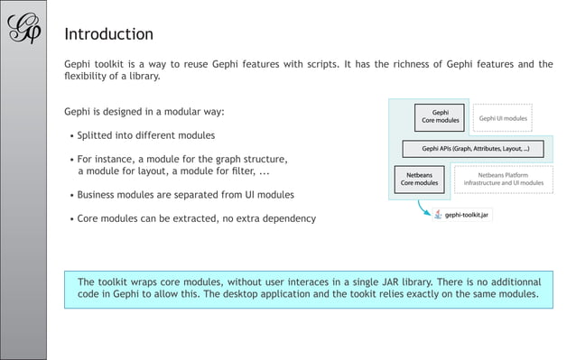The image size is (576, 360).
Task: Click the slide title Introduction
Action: point(108,35)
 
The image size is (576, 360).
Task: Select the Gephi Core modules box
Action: point(441,117)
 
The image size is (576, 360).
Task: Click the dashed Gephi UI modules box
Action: point(503,118)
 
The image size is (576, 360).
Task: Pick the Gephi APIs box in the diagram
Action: point(476,149)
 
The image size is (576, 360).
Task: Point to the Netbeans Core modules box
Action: point(419,178)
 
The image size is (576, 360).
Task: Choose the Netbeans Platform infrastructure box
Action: point(503,178)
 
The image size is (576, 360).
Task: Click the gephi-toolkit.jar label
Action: point(467,216)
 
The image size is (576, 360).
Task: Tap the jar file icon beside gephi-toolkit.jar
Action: point(438,216)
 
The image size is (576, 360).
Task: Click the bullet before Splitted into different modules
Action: point(71,137)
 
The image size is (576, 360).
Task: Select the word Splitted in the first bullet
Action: point(97,136)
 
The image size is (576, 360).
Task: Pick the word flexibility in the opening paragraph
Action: point(91,76)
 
